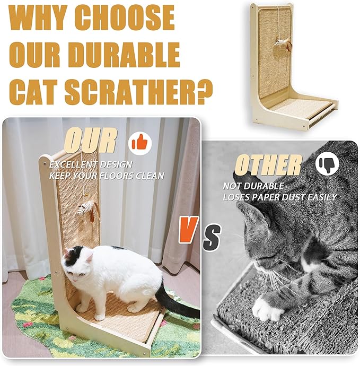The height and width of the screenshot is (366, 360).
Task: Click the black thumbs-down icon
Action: coord(326,164)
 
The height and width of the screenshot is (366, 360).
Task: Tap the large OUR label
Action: coord(90,141)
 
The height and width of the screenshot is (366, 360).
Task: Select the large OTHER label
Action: coord(268,165)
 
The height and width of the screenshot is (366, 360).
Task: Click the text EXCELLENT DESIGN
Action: coord(87,164)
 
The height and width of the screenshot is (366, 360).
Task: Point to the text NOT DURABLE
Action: coord(253,186)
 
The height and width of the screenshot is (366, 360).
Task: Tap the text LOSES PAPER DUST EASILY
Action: coord(279,197)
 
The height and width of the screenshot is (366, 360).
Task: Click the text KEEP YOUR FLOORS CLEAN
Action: coord(107,175)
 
